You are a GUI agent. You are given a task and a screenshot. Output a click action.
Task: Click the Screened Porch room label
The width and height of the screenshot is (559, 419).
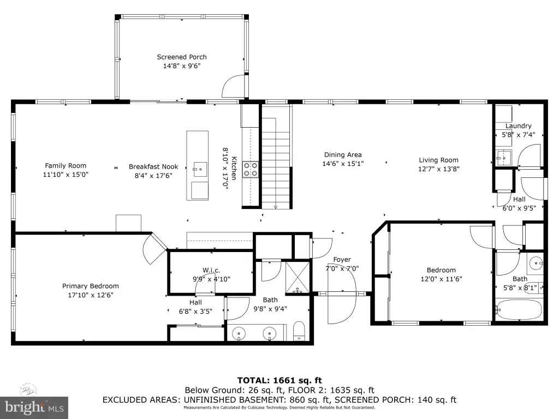tap(182, 57)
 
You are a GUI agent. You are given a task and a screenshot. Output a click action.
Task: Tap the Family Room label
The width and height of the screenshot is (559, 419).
tap(66, 166)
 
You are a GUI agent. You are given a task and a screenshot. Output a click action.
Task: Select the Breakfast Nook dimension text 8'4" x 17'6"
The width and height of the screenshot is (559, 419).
tap(153, 175)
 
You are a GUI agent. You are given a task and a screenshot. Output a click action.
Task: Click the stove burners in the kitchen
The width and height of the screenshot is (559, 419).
tap(250, 170)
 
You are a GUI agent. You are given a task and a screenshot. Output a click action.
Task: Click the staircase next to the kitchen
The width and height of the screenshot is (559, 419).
tap(277, 157)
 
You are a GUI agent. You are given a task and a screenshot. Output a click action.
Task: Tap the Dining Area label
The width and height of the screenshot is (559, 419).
tap(343, 155)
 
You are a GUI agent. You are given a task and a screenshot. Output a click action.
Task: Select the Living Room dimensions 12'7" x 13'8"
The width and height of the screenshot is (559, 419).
tap(439, 169)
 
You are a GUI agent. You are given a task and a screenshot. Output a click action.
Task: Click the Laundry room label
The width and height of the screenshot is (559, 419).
tap(519, 126)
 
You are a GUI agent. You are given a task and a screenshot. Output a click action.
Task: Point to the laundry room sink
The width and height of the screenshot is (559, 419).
tap(504, 158)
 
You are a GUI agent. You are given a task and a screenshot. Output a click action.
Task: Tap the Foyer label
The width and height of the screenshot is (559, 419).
tap(342, 260)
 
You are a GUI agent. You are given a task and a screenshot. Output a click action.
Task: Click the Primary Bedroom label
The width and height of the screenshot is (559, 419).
tap(91, 286)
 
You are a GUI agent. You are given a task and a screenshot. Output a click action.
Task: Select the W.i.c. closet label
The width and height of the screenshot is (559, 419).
tap(211, 271)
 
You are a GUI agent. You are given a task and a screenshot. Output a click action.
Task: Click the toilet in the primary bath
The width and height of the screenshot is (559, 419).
tap(299, 331)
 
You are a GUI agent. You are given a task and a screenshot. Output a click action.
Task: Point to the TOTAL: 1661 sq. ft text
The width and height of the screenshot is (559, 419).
tap(280, 380)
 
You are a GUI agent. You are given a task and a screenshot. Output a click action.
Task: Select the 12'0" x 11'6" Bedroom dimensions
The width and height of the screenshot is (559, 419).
tap(441, 279)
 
